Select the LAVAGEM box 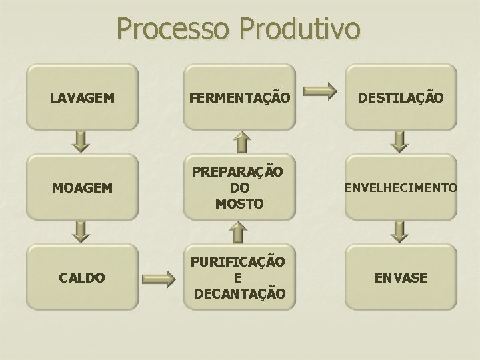coord(82,97)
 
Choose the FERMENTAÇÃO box coord(239,97)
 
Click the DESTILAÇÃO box coord(400,97)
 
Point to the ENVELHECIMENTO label coord(400,189)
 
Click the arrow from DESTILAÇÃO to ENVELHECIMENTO coord(399,141)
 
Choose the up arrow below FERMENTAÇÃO coord(244,141)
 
